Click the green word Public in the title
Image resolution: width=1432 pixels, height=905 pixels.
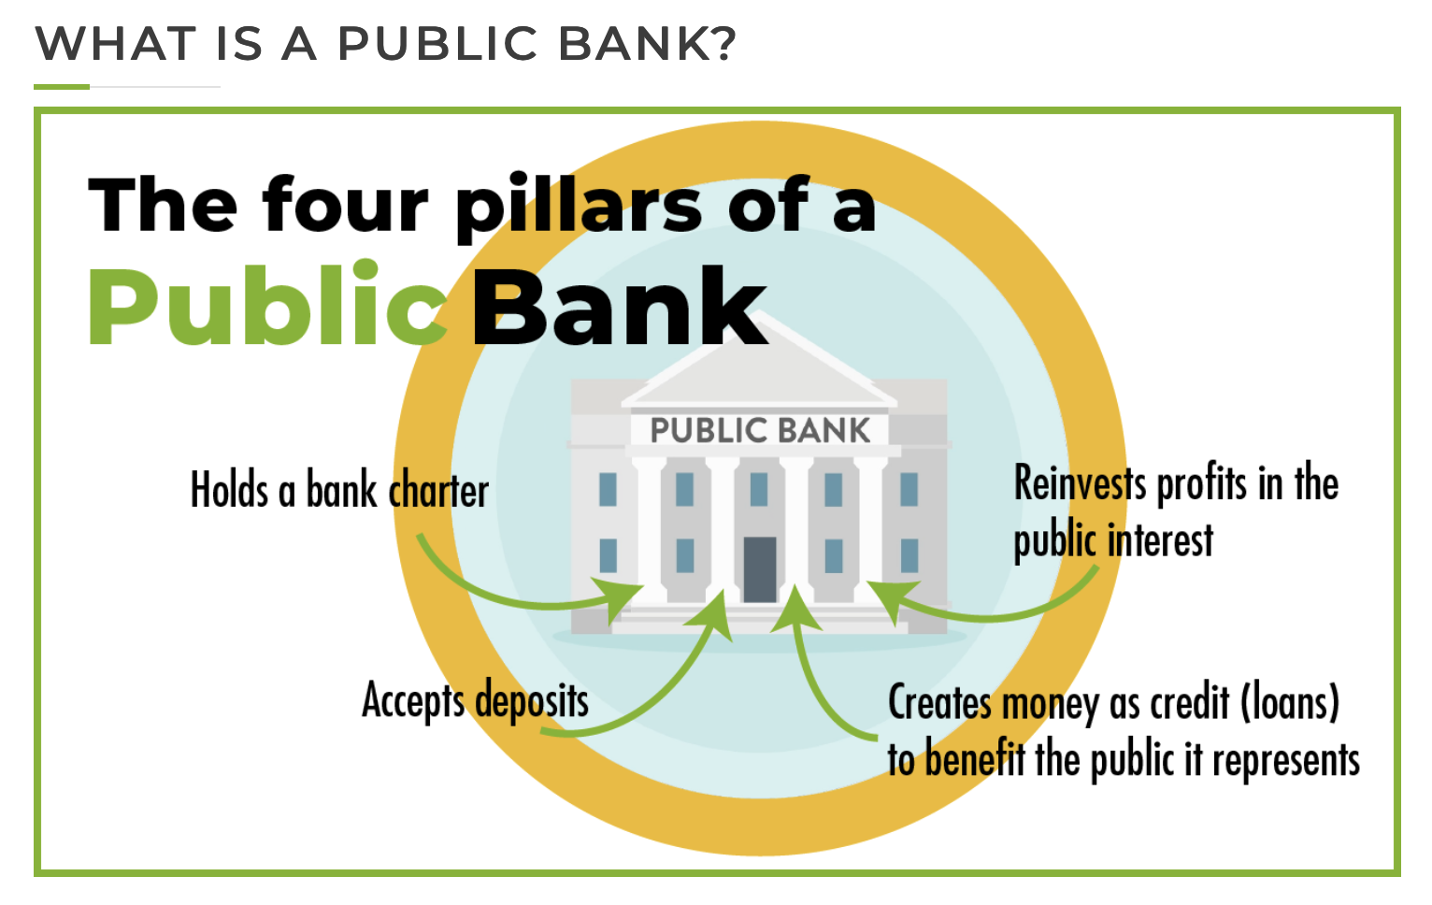(267, 307)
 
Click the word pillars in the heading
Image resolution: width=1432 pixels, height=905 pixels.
(578, 206)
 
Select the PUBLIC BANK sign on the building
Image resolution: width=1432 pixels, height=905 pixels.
(760, 430)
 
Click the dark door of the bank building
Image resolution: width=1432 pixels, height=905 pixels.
(760, 568)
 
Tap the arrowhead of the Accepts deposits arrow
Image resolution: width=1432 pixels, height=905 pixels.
(715, 612)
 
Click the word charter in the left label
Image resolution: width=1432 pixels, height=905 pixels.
(439, 491)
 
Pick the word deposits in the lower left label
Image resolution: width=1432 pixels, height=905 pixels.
(532, 700)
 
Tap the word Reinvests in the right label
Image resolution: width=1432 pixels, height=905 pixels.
(1081, 483)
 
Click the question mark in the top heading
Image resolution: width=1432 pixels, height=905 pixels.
(722, 44)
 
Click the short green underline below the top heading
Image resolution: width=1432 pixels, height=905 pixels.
(62, 87)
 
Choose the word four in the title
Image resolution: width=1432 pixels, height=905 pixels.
(345, 206)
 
